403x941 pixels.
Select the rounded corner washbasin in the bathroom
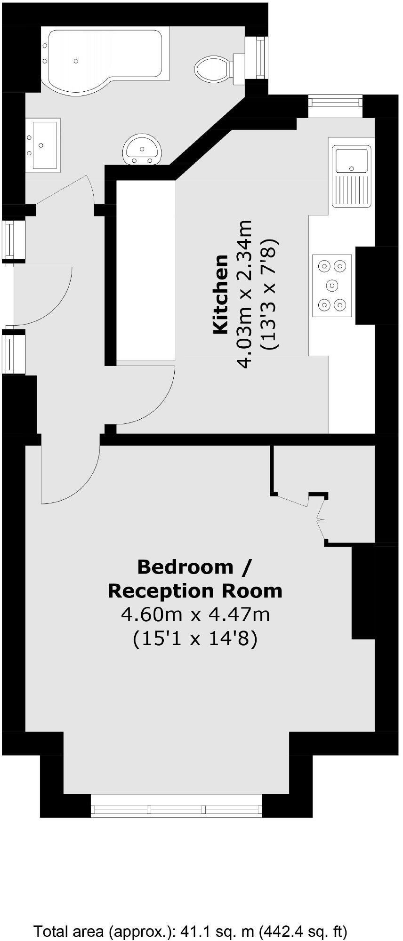pyautogui.click(x=142, y=149)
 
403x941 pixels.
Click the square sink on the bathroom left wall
pyautogui.click(x=44, y=143)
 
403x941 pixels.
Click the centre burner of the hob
pyautogui.click(x=332, y=285)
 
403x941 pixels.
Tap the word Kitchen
pyautogui.click(x=221, y=295)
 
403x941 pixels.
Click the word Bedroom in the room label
pyautogui.click(x=185, y=566)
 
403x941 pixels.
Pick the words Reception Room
pyautogui.click(x=195, y=590)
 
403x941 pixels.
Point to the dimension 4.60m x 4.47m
pyautogui.click(x=195, y=614)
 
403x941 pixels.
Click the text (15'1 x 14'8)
pyautogui.click(x=195, y=639)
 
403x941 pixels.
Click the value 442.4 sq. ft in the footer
pyautogui.click(x=302, y=931)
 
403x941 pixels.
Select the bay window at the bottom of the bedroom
pyautogui.click(x=176, y=809)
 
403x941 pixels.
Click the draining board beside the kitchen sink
pyautogui.click(x=351, y=190)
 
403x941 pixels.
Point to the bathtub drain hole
pyautogui.click(x=76, y=61)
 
